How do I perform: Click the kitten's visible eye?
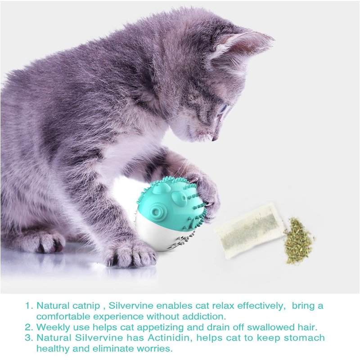tap(223, 109)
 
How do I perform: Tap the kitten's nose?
tap(215, 138)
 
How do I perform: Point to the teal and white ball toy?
tap(171, 213)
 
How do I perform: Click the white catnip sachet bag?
tap(250, 230)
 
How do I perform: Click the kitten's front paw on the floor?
tap(131, 254)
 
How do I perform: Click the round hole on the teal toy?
tap(156, 211)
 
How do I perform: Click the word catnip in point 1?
tap(86, 306)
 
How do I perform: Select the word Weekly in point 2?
tap(53, 327)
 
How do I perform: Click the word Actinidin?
tap(170, 338)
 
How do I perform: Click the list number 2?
tap(28, 327)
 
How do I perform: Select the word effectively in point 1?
tap(261, 306)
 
